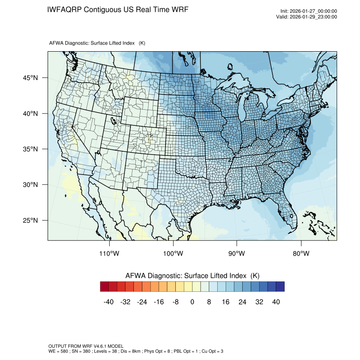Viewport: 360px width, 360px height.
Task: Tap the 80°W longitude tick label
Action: [x=301, y=254]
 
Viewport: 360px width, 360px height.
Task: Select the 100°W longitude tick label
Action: [x=174, y=254]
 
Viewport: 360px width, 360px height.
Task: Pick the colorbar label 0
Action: [x=192, y=302]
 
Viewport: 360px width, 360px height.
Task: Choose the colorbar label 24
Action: [x=242, y=302]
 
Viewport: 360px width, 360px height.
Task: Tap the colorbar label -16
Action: [x=159, y=302]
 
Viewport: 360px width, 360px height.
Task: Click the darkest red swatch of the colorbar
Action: [x=105, y=287]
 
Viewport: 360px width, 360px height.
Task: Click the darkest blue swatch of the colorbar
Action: [x=280, y=287]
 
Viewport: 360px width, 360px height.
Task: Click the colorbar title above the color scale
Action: [x=192, y=276]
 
